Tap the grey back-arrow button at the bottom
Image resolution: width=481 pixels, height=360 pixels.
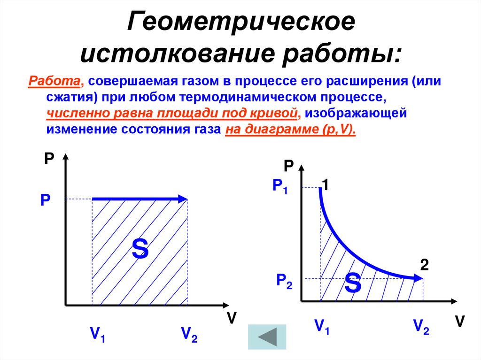point(266,337)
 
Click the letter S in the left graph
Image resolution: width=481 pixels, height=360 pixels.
point(140,249)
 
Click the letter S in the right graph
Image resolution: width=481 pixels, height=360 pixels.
point(352,282)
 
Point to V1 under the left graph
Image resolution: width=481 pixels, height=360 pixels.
point(98,334)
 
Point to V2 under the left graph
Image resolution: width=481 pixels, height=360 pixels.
point(189,334)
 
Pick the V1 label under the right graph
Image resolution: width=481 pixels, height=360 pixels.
point(322,325)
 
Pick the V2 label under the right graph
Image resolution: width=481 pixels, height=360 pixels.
point(421,326)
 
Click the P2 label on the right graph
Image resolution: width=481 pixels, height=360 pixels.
point(284,281)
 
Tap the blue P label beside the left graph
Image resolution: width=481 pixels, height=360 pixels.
point(45,201)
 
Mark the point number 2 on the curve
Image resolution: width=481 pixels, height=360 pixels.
point(424,265)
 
